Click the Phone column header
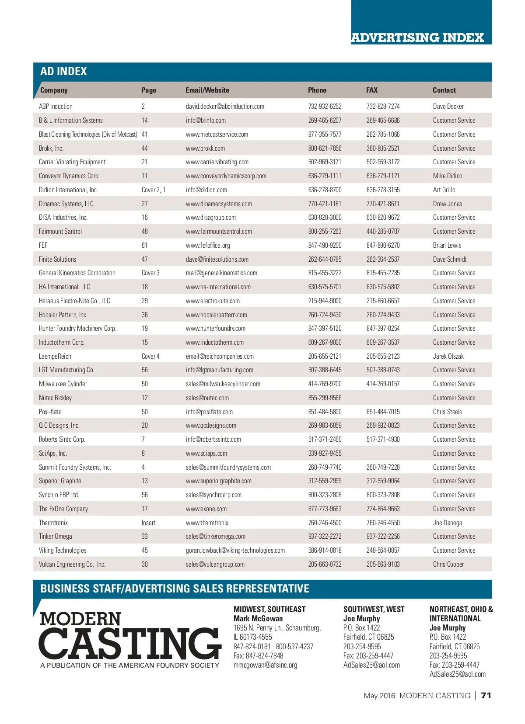point(317,90)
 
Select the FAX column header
point(372,90)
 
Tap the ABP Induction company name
point(56,106)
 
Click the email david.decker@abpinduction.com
point(225,106)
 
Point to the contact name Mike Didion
point(448,176)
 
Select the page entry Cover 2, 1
point(153,190)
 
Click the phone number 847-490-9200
point(325,245)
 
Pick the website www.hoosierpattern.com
point(216,315)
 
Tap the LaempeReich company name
point(55,356)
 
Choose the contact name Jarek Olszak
point(448,356)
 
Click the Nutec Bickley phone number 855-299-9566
point(325,398)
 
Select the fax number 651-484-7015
point(383,412)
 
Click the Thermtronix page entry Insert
point(148,523)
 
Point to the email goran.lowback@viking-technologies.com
point(235,550)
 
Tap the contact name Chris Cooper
point(448,564)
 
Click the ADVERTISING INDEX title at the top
point(417,38)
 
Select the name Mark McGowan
point(258,618)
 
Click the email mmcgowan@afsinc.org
point(265,665)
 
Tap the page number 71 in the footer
point(486,695)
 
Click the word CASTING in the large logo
point(130,644)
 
